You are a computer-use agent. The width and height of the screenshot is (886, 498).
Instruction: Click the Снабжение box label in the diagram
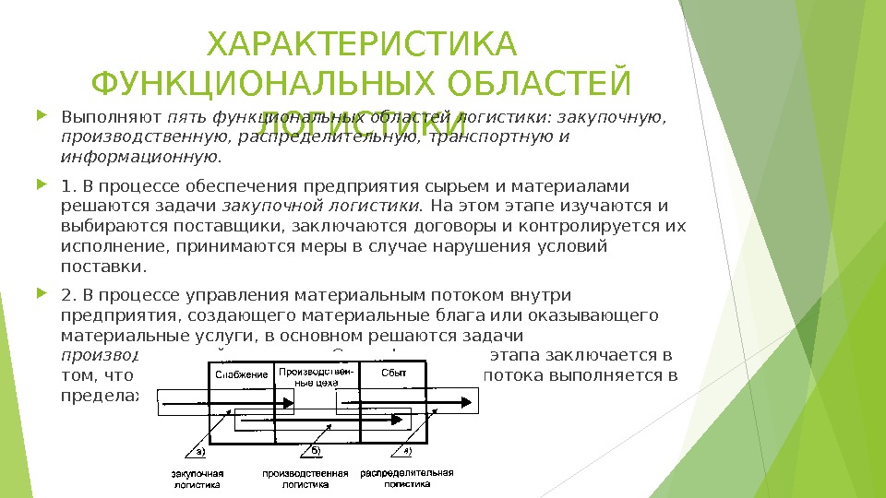pyautogui.click(x=242, y=374)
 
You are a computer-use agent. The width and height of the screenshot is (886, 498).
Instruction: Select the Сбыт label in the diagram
pyautogui.click(x=394, y=371)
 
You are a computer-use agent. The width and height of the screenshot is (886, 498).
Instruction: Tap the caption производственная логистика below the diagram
pyautogui.click(x=305, y=478)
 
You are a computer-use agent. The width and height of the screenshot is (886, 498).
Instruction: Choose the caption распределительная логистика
pyautogui.click(x=407, y=478)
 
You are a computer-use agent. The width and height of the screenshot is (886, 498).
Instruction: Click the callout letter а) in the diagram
pyautogui.click(x=198, y=451)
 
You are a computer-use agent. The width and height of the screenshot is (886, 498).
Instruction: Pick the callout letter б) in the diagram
pyautogui.click(x=315, y=451)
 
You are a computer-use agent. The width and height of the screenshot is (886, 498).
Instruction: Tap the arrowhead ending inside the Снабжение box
pyautogui.click(x=290, y=402)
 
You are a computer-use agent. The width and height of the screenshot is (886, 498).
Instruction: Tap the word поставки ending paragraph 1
pyautogui.click(x=102, y=267)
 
